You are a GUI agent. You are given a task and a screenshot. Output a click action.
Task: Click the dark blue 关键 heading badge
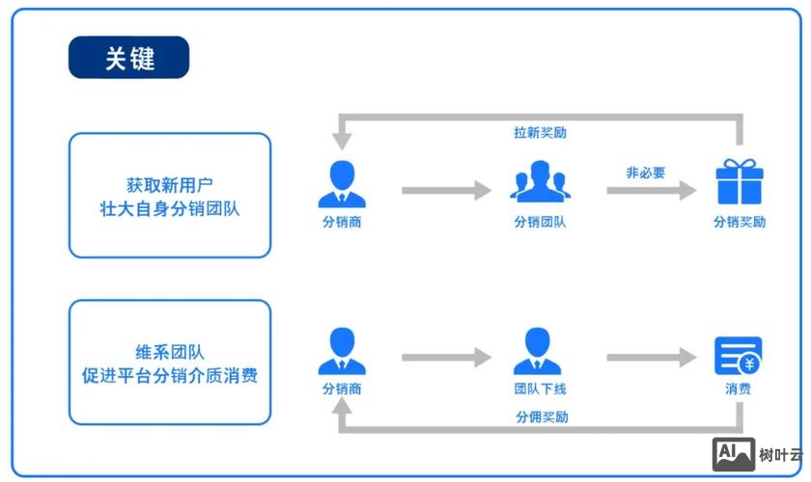click(128, 58)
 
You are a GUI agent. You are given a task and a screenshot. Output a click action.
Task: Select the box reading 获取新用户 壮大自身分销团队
click(170, 196)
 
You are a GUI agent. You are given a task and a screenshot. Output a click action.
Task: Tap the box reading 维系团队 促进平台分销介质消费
click(170, 362)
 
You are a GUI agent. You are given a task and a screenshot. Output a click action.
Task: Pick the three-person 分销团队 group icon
click(540, 182)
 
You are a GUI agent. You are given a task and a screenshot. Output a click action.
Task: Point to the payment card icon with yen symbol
click(739, 356)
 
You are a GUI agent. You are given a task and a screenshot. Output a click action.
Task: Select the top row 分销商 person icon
click(342, 184)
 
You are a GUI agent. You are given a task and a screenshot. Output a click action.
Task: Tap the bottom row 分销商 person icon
click(342, 351)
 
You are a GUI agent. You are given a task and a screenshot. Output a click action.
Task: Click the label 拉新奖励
click(540, 132)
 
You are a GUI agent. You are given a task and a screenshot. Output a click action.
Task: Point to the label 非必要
click(645, 173)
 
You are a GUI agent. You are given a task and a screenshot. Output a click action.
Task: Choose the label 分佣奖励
click(542, 417)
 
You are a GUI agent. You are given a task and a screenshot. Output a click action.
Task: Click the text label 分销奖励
click(740, 222)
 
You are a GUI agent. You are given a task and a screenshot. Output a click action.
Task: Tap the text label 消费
click(739, 389)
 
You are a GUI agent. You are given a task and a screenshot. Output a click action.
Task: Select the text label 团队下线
click(540, 389)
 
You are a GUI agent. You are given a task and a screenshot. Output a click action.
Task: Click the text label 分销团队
click(540, 222)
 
